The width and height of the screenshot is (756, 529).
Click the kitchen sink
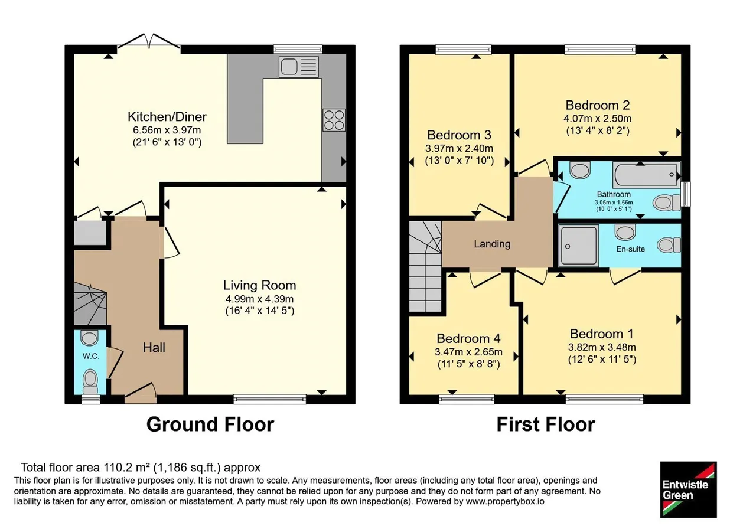point(299,67)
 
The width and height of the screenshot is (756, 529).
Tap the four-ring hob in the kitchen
point(334,120)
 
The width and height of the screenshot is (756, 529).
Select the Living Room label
point(259,285)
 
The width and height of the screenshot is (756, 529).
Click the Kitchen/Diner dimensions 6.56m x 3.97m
point(167,130)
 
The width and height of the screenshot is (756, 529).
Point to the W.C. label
point(91,356)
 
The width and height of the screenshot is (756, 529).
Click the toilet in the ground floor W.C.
point(90,381)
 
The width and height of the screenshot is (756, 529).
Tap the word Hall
point(154,348)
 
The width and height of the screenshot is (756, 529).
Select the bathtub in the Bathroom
point(646,175)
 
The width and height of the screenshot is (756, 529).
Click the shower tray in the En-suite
point(578,246)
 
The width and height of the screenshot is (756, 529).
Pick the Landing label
point(492,244)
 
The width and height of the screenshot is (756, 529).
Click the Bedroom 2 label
point(597,105)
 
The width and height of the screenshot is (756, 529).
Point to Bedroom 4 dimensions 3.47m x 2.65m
point(468,352)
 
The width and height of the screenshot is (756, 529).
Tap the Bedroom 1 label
point(602,334)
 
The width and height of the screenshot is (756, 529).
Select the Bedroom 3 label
point(460,135)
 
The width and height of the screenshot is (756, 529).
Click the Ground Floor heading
point(210,424)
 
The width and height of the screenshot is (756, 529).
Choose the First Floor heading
point(546,424)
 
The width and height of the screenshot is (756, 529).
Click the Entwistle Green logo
point(689,489)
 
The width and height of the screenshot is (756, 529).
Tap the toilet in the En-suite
point(669,245)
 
